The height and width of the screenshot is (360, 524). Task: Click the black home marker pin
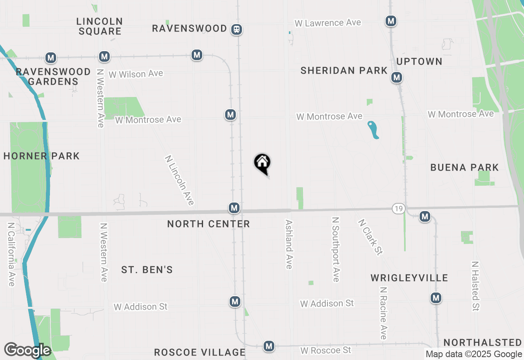click(x=262, y=163)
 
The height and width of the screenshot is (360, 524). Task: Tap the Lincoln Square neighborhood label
click(x=99, y=26)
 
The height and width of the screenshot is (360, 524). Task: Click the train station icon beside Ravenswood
click(x=236, y=29)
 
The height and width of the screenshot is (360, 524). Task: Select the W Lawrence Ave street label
click(x=327, y=23)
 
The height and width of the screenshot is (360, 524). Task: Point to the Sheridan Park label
click(x=344, y=70)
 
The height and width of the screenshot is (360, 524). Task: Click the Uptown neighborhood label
click(x=419, y=61)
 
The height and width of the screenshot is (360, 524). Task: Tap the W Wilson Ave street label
click(x=136, y=74)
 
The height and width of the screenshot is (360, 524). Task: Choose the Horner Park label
click(x=41, y=156)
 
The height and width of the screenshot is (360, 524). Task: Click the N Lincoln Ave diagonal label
click(x=179, y=180)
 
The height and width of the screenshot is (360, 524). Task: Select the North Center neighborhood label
click(x=208, y=224)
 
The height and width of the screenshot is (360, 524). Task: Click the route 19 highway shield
click(x=398, y=208)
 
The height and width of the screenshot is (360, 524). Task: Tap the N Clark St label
click(x=370, y=237)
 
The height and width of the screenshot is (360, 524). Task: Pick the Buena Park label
click(x=465, y=167)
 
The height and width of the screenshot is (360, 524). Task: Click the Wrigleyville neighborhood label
click(x=409, y=278)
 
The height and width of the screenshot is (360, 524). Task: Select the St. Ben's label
click(x=147, y=270)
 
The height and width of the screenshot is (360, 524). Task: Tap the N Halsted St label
click(x=475, y=286)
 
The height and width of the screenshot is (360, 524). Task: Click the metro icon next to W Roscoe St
click(x=269, y=346)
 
